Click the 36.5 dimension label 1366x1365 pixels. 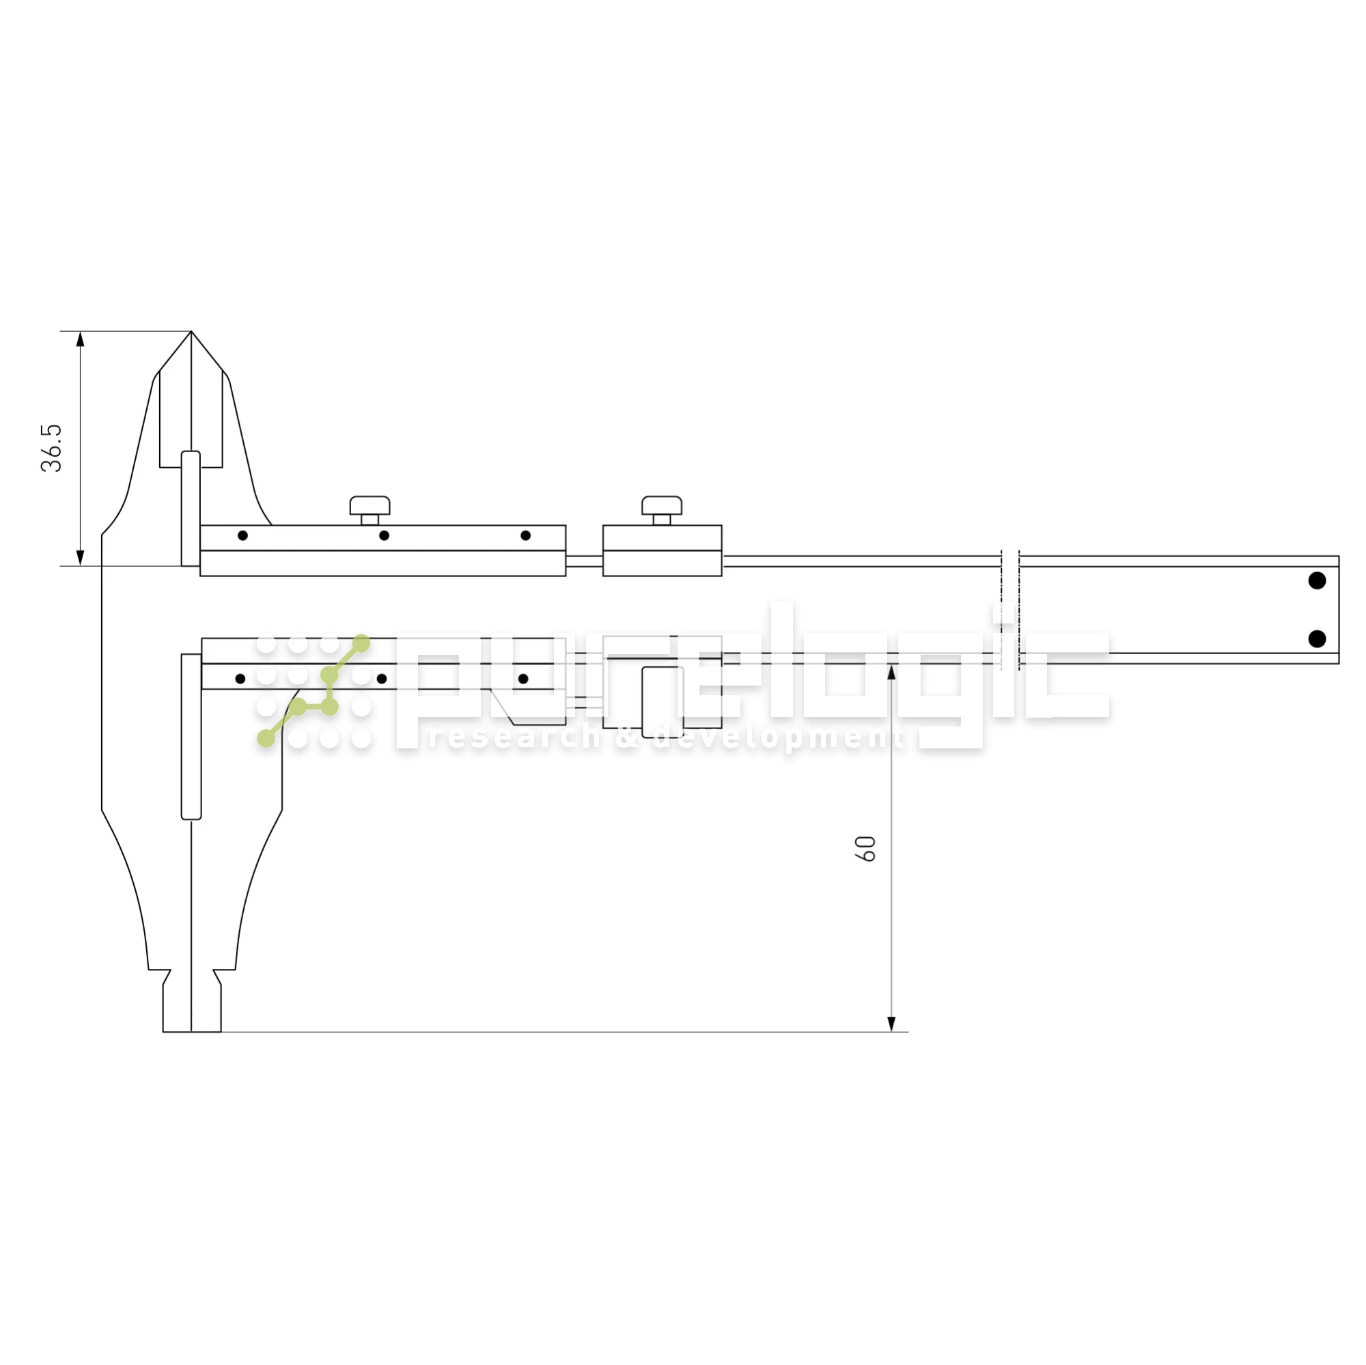tap(52, 448)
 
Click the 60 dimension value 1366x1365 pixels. tap(865, 848)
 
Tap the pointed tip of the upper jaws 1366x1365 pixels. tap(191, 334)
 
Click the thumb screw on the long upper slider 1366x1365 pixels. tap(370, 506)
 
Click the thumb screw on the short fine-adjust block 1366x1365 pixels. tap(662, 506)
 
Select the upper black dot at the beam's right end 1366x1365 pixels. tap(1318, 580)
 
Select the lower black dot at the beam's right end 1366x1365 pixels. tap(1318, 639)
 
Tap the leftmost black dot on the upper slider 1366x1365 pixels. tap(242, 536)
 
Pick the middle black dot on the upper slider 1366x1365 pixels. tap(384, 536)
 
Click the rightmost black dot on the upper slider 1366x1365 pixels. tap(525, 536)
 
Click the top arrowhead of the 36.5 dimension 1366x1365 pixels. tap(80, 339)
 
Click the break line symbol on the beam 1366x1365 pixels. tap(1009, 608)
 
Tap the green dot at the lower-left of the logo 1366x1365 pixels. tap(266, 739)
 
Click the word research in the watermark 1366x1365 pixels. tap(514, 738)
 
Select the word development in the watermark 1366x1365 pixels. tap(778, 738)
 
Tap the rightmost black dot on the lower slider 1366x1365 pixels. tap(523, 679)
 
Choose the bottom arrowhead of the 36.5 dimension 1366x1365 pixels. tap(80, 559)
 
